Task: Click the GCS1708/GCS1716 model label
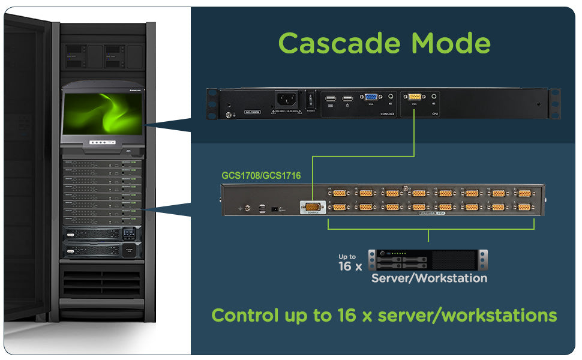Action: tap(261, 176)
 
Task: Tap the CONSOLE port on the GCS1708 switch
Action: tap(311, 207)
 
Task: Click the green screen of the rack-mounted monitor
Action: tap(103, 113)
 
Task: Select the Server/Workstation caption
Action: tap(429, 278)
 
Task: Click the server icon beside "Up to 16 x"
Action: tap(428, 260)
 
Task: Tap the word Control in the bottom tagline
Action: tap(245, 315)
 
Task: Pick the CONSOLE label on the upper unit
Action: tap(387, 113)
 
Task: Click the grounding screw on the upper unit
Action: tap(228, 113)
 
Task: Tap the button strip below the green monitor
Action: tap(103, 143)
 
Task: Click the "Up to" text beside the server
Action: tap(347, 257)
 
